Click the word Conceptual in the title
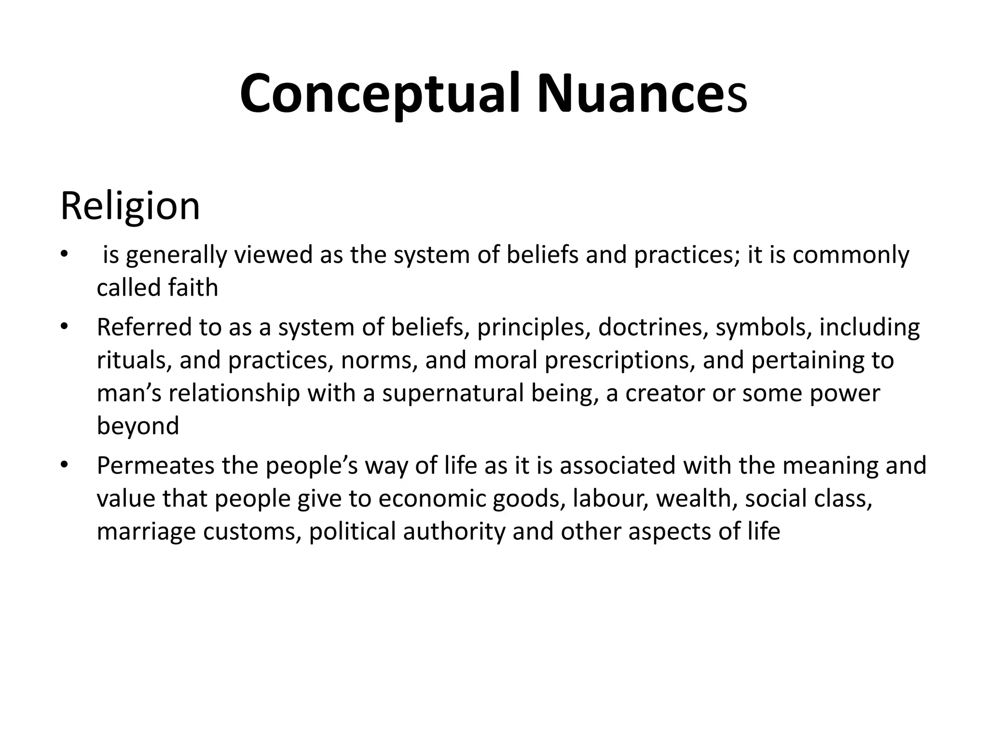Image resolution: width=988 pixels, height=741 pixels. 380,94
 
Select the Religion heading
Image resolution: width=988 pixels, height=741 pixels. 130,206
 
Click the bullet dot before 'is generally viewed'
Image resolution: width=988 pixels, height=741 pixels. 64,254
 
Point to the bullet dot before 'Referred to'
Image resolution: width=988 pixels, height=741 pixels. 64,327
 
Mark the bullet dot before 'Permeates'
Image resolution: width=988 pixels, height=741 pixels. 64,466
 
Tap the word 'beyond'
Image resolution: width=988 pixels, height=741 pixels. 138,426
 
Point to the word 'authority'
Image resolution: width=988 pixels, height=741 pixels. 454,532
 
